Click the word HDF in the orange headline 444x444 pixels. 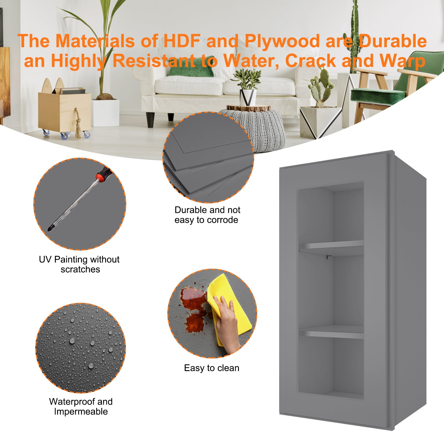(x=182, y=41)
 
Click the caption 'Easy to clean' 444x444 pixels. (x=211, y=368)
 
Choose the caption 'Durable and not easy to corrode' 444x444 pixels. (x=207, y=215)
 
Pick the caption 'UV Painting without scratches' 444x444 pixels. (x=79, y=264)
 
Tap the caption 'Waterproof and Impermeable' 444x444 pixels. (x=81, y=407)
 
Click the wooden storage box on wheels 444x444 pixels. (x=65, y=111)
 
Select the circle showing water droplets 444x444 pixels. (x=80, y=348)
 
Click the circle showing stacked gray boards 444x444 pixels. (x=208, y=157)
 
